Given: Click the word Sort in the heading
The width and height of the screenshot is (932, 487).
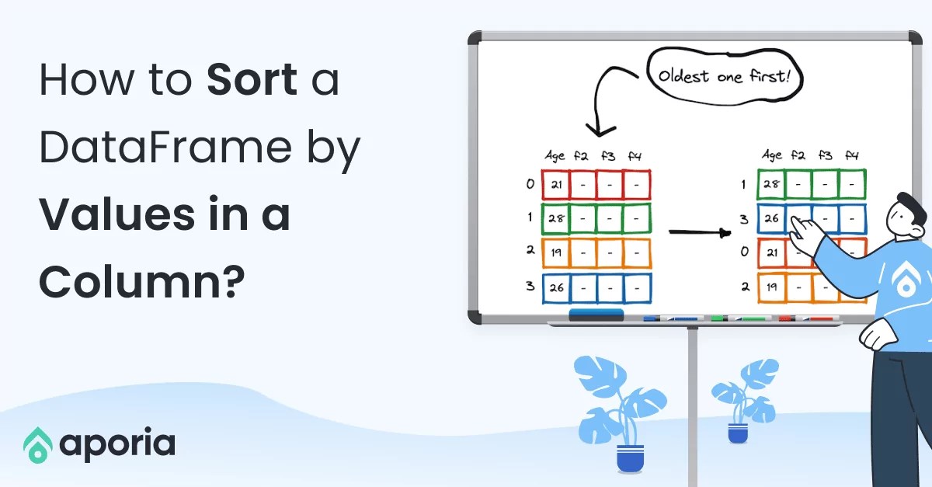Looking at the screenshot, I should tap(252, 81).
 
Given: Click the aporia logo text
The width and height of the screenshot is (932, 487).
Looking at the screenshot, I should tap(117, 444).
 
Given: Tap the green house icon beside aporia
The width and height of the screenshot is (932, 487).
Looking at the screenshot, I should tap(37, 444).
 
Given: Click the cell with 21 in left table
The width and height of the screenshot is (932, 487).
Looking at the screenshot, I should tap(555, 185).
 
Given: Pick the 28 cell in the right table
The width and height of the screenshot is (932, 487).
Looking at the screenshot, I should tap(771, 185).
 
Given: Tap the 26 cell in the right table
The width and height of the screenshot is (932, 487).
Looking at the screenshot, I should tap(771, 219).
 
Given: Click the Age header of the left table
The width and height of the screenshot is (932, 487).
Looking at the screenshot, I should tap(555, 156).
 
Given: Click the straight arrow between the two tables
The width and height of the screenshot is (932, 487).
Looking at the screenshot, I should tap(700, 231).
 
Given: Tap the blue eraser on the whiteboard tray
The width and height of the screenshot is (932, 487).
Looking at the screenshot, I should tap(596, 315).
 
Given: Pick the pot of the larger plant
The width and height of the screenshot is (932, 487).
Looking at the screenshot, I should tap(630, 457).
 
